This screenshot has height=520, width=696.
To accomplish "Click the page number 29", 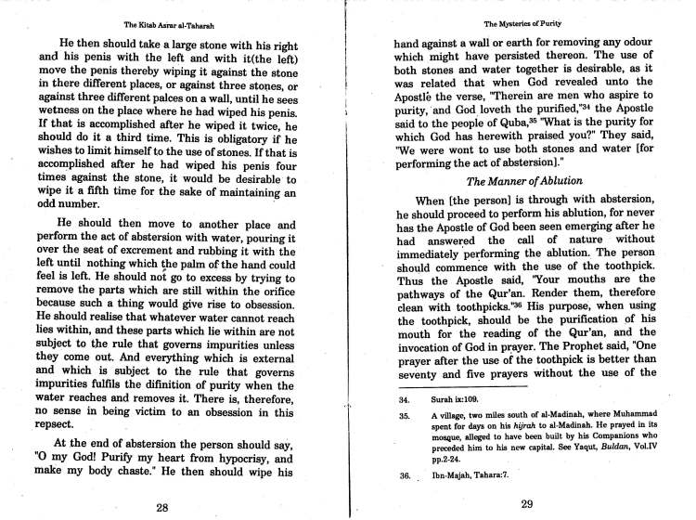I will [527, 504].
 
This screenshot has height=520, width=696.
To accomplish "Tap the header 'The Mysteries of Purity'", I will [525, 21].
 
